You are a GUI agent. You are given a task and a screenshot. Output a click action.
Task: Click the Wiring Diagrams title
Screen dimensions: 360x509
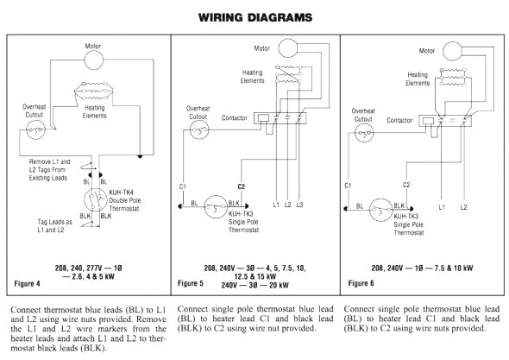[255, 17]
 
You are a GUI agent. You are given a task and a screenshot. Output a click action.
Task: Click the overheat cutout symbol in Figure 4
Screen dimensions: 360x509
[37, 130]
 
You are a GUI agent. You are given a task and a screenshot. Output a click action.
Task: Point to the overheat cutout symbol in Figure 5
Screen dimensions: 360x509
[200, 130]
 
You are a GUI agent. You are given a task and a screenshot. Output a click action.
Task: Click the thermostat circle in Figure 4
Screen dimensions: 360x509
[94, 200]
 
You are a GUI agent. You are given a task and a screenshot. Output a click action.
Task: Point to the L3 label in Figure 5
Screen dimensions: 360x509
[298, 205]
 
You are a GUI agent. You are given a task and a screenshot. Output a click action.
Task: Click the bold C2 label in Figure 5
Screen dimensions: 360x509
[242, 186]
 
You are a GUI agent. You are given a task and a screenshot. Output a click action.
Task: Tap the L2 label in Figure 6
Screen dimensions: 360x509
[463, 208]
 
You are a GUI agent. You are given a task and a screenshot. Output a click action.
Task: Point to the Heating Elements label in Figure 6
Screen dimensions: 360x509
[418, 79]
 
